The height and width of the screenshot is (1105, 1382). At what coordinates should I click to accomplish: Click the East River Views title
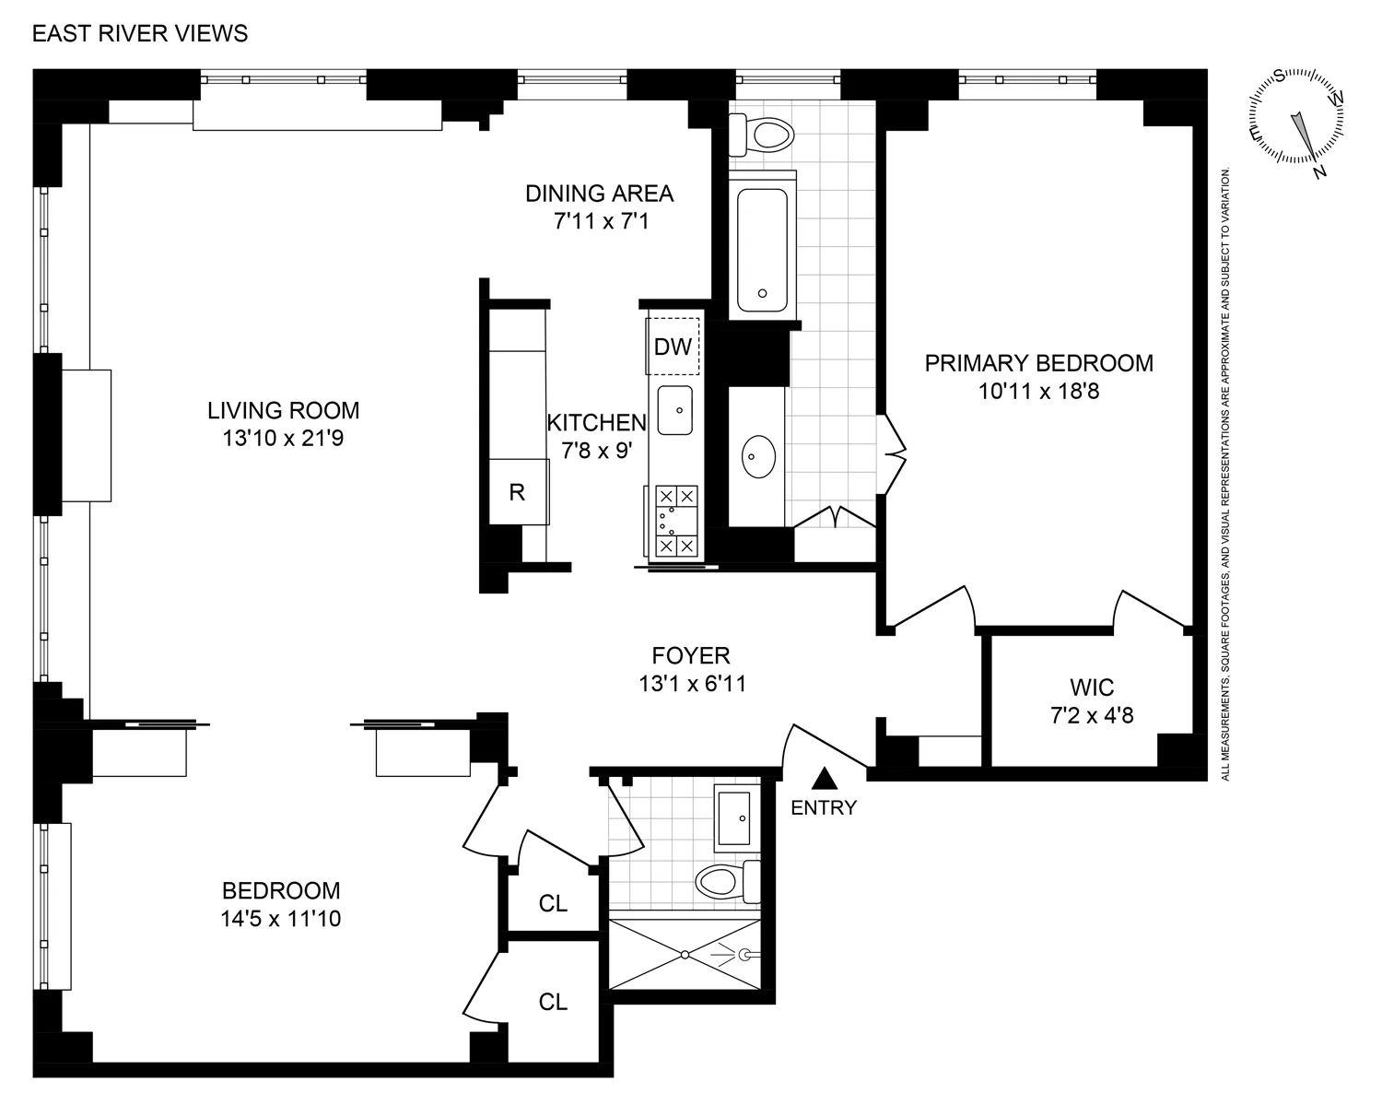pyautogui.click(x=140, y=34)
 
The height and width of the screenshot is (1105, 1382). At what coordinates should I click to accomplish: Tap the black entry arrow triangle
pyautogui.click(x=825, y=780)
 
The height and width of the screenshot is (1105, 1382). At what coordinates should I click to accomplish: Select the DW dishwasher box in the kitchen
pyautogui.click(x=673, y=347)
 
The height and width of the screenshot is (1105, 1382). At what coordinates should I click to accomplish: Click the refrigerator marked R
pyautogui.click(x=518, y=492)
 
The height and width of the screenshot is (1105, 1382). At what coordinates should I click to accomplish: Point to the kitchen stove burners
pyautogui.click(x=676, y=522)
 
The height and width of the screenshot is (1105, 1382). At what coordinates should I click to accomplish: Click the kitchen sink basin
pyautogui.click(x=675, y=410)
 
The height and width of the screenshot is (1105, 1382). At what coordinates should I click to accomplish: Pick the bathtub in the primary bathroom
pyautogui.click(x=762, y=250)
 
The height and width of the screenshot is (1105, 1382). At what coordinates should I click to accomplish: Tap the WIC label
pyautogui.click(x=1092, y=688)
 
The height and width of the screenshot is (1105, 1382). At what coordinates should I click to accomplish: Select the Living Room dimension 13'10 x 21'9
pyautogui.click(x=283, y=439)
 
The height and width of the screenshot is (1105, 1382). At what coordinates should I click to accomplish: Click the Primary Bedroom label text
pyautogui.click(x=1038, y=363)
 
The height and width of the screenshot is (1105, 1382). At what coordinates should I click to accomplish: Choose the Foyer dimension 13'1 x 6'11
pyautogui.click(x=690, y=684)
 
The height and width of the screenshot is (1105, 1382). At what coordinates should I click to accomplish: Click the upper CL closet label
pyautogui.click(x=553, y=903)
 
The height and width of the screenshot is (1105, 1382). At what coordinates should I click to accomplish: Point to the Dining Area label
pyautogui.click(x=599, y=194)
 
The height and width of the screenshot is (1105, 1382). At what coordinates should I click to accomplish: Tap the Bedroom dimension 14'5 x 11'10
pyautogui.click(x=281, y=919)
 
